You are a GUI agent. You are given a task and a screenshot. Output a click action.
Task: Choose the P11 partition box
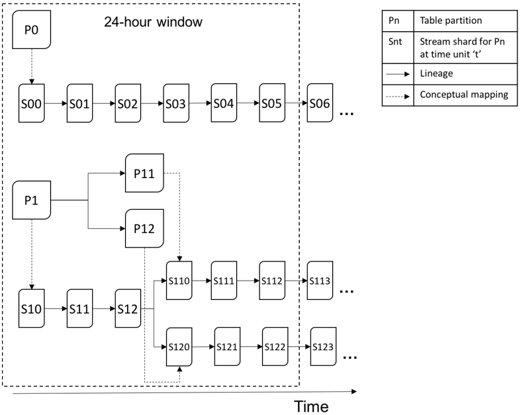(144, 173)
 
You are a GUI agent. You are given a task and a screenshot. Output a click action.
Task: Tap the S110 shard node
(179, 281)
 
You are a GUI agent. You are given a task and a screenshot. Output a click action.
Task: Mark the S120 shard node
(179, 347)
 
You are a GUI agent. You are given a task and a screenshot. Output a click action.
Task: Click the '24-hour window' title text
(152, 21)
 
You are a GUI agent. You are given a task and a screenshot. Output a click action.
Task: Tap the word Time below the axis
(311, 405)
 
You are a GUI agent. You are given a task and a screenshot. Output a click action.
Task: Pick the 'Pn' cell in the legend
(394, 21)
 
